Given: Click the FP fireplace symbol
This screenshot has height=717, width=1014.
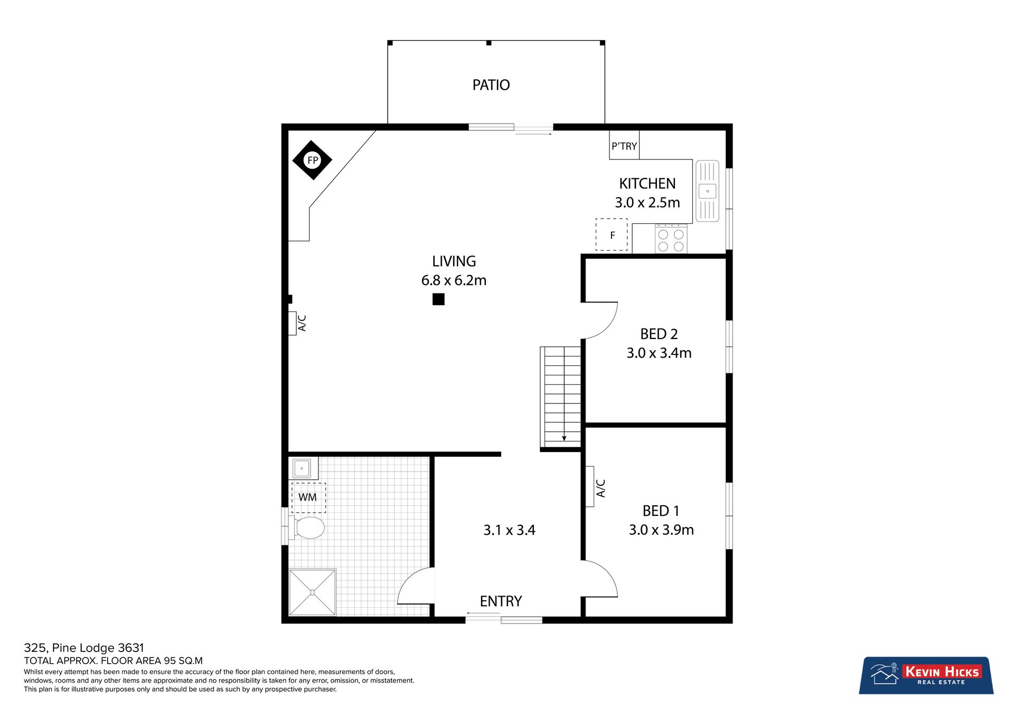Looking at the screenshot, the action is (x=312, y=160).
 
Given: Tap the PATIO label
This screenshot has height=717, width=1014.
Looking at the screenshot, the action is (x=491, y=85).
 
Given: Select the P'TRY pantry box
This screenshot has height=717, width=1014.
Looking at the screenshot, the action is (x=624, y=145).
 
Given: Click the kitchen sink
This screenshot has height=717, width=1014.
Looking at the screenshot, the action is (x=707, y=191).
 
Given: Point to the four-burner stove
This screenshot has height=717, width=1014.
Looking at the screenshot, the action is (x=671, y=239).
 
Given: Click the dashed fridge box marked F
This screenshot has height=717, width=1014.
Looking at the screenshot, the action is (x=612, y=234).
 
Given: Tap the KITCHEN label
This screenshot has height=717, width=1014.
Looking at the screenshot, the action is (x=647, y=184).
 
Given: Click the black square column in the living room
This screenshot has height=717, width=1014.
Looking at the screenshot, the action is (x=438, y=299).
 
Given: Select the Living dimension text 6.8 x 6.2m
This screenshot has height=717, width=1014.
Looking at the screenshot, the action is (x=454, y=280).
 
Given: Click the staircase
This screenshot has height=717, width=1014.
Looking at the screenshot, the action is (x=561, y=397).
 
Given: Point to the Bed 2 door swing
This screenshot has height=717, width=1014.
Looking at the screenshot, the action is (x=600, y=320).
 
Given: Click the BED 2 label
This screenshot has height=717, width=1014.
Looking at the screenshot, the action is (x=659, y=334).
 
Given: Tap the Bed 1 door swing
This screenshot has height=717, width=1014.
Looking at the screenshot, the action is (x=600, y=579).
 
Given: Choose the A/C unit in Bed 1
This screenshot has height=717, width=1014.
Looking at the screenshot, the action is (x=590, y=486).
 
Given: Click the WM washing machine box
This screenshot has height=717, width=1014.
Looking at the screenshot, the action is (x=308, y=497).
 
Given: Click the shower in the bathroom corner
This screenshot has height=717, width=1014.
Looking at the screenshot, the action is (x=312, y=592).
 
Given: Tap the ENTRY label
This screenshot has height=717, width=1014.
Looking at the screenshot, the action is (x=501, y=601).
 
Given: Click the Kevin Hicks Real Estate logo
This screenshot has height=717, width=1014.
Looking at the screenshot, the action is (x=926, y=675).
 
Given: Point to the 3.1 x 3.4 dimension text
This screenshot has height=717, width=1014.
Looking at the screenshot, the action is (x=510, y=530).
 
